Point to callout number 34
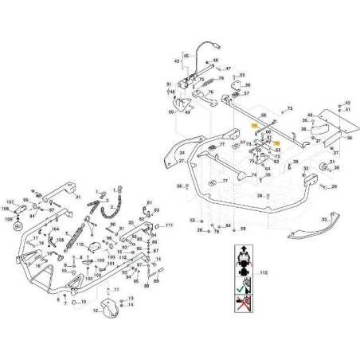pos(182,152)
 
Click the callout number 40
pos(310,115)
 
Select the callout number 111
pos(169,226)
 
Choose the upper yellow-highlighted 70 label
pos(254,126)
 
